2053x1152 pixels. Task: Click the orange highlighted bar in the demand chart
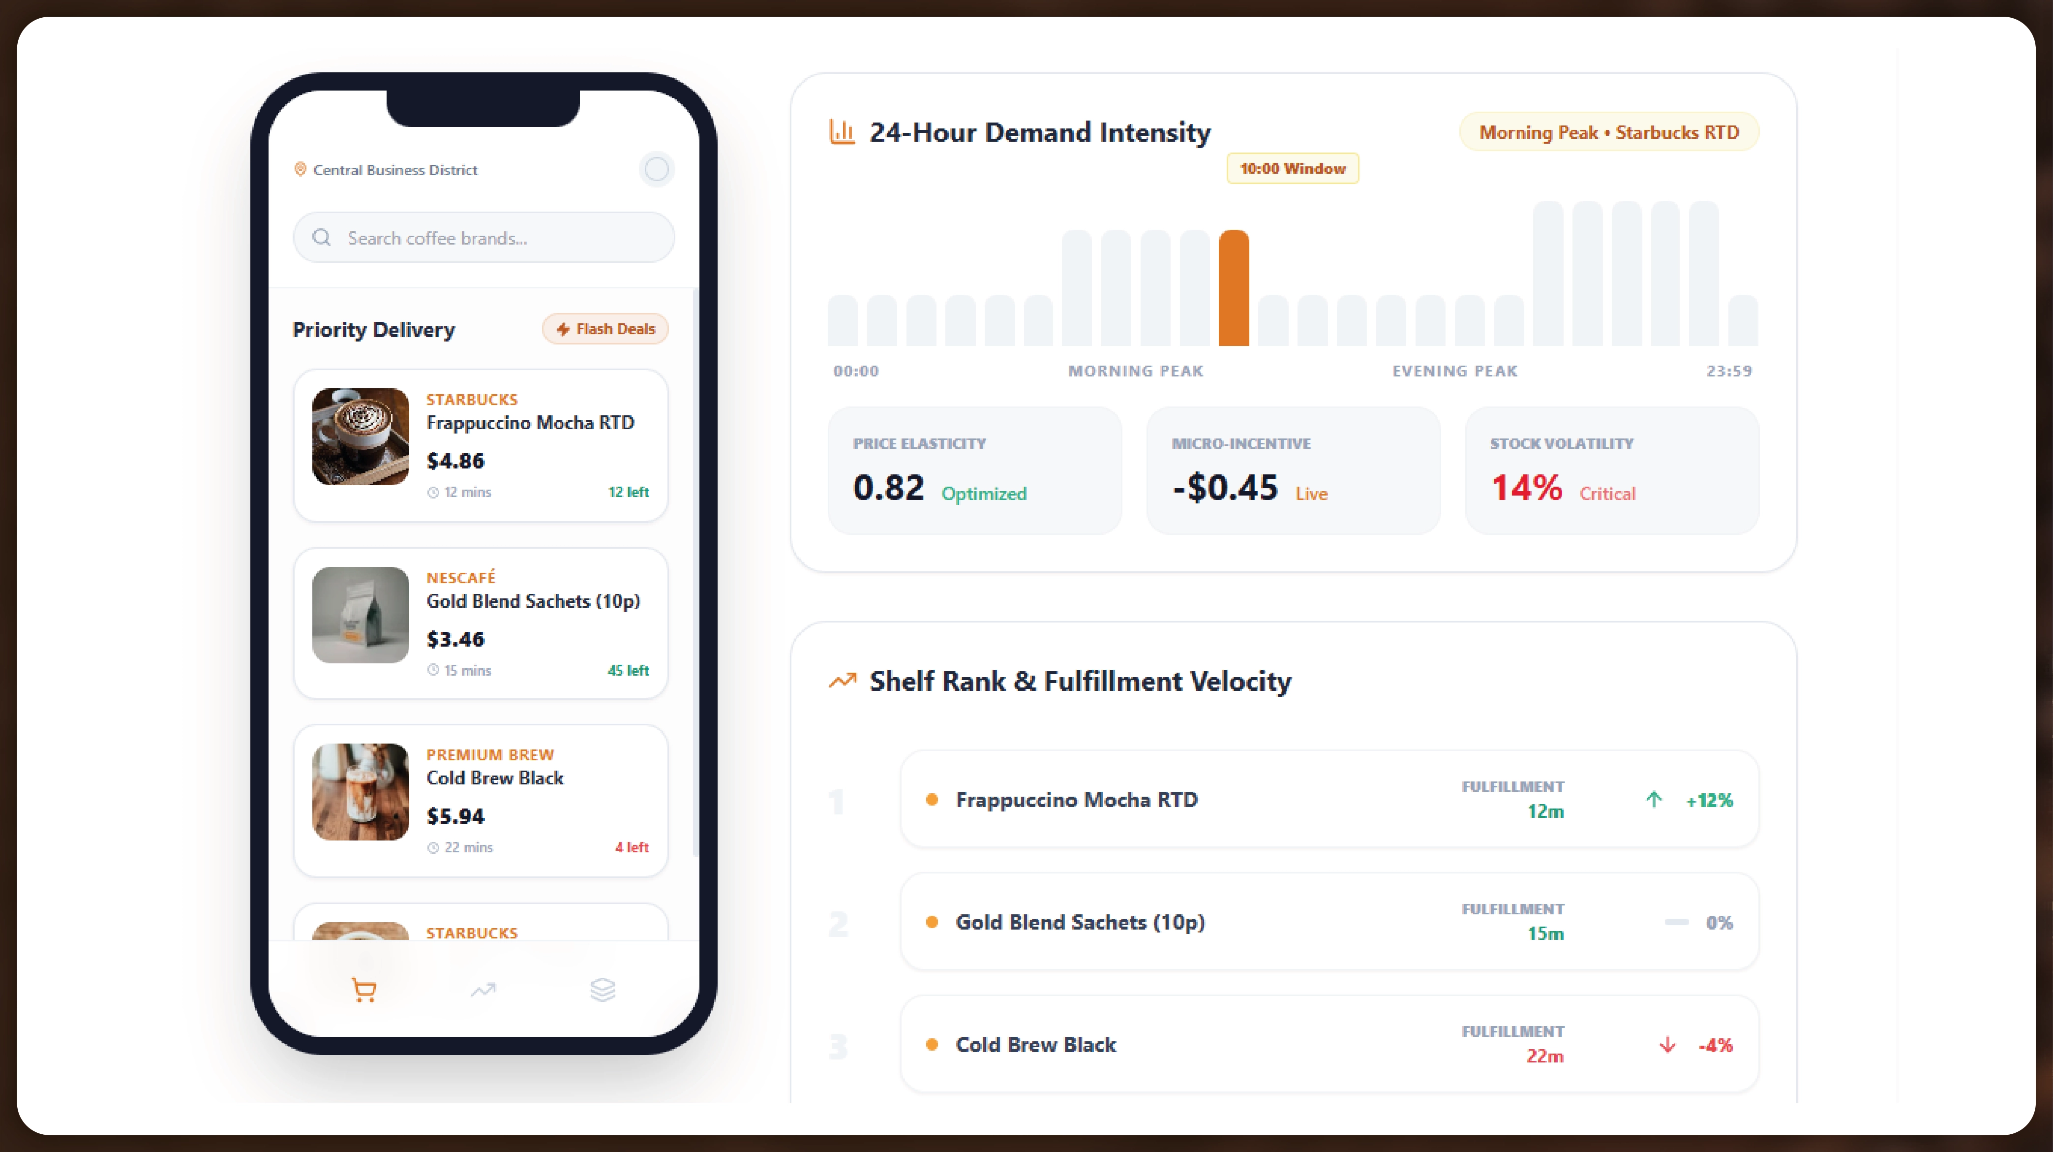1233,288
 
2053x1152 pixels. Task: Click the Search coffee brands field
484,238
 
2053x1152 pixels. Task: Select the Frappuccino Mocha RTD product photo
360,437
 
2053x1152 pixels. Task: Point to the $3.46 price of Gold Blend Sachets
455,639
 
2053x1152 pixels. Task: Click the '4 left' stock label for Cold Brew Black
631,847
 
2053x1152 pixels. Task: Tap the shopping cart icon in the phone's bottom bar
364,990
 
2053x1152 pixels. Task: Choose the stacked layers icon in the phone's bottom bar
603,990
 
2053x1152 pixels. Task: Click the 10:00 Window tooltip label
1292,169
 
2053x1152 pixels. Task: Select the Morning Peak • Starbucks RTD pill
1608,132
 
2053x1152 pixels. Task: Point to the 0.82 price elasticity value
888,488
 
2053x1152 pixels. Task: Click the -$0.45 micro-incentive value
1225,488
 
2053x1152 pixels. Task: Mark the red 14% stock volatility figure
1526,488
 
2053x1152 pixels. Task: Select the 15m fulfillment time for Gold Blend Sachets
1544,934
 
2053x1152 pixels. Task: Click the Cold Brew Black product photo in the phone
360,792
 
